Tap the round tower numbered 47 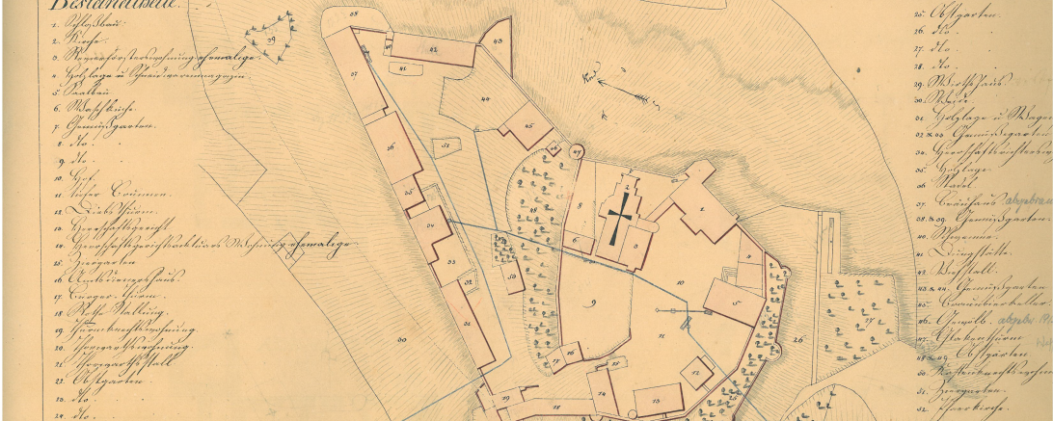point(577,151)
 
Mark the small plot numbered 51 point(445,145)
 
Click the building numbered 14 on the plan point(603,395)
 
